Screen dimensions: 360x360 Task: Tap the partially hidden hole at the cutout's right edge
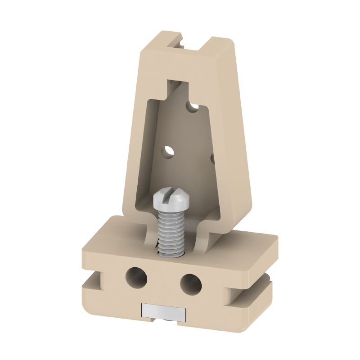(x=212, y=158)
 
